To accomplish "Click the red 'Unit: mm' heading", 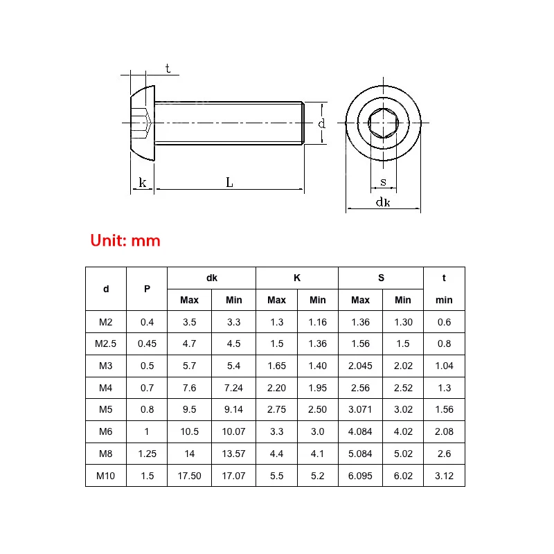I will point(125,241).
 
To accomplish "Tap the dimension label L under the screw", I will point(229,182).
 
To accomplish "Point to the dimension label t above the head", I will point(168,68).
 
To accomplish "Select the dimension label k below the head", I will point(143,183).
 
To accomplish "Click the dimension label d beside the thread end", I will point(321,123).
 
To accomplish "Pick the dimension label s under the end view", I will point(383,183).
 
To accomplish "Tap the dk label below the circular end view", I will point(383,202).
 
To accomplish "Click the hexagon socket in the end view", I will point(383,123).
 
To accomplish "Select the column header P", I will point(147,289).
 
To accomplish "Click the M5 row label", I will point(106,409).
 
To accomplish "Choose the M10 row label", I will point(106,475).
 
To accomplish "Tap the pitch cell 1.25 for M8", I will point(147,454).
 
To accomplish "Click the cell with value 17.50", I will point(189,475).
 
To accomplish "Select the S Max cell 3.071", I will point(360,409).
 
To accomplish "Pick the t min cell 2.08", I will point(444,431).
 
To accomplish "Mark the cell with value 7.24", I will point(233,388).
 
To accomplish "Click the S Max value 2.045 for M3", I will point(360,366).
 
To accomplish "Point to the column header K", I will point(297,278).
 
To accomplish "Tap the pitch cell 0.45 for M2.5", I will point(147,343).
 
